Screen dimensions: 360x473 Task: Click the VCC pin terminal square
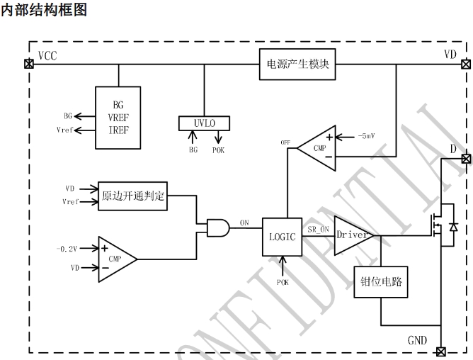[28, 64]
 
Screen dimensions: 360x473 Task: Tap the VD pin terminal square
[465, 64]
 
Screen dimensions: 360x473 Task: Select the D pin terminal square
[465, 158]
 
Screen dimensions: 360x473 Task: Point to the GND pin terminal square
[442, 351]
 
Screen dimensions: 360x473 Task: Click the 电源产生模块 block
[297, 64]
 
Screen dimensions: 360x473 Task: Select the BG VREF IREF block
[118, 117]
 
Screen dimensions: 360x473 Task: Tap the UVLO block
[205, 123]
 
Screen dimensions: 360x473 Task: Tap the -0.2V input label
[66, 249]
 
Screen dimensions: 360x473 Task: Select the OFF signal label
[286, 142]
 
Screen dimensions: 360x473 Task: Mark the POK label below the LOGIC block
[283, 282]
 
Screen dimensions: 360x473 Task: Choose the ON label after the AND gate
[244, 223]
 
